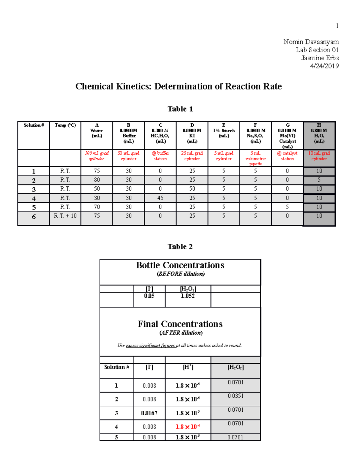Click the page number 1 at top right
click(x=337, y=26)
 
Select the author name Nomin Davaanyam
click(x=311, y=42)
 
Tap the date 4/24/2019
click(x=324, y=66)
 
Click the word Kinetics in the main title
click(x=134, y=86)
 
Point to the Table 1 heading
click(x=180, y=109)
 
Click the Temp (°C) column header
click(x=65, y=125)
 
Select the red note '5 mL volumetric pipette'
click(x=255, y=158)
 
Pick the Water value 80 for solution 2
click(x=97, y=180)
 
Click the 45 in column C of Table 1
click(x=160, y=198)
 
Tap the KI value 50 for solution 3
click(x=192, y=189)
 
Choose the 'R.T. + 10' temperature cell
click(x=65, y=216)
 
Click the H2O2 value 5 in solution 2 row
click(x=319, y=180)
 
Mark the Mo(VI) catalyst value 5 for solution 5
click(x=287, y=207)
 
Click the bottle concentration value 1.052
click(x=187, y=296)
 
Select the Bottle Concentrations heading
click(x=180, y=265)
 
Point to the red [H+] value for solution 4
click(x=187, y=427)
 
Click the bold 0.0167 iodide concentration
click(x=149, y=413)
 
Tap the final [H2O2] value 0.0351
click(x=235, y=396)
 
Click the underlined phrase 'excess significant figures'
click(x=151, y=346)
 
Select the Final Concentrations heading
click(x=180, y=324)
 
